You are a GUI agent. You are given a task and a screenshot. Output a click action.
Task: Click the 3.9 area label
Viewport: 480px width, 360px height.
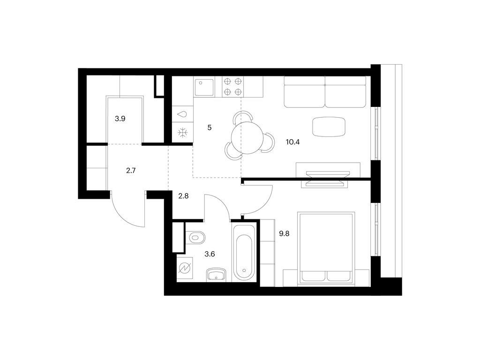tap(120, 119)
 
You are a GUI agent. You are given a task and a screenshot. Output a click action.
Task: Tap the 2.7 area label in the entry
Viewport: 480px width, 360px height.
tap(131, 171)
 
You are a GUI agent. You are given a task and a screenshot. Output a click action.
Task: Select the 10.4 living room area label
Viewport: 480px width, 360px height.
tap(292, 142)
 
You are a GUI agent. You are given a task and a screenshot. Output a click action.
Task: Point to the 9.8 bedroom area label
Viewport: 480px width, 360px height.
tap(284, 234)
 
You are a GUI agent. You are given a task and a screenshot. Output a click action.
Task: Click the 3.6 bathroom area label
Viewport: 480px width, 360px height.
tap(210, 254)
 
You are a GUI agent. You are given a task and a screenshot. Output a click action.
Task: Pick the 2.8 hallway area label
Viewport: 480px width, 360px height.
tap(183, 196)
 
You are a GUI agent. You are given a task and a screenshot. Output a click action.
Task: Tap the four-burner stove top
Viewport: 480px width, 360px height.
tap(232, 86)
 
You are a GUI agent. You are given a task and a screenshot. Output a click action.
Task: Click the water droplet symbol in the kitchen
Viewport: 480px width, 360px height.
tap(182, 114)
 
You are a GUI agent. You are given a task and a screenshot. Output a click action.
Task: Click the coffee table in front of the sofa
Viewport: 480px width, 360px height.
tap(329, 127)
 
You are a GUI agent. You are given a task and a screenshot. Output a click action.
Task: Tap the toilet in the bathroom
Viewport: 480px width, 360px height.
tap(197, 237)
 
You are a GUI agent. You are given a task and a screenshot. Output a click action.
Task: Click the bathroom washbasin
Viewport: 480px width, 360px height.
tap(216, 274)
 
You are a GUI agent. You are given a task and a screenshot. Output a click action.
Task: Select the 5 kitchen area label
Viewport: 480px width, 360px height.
tap(210, 127)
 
